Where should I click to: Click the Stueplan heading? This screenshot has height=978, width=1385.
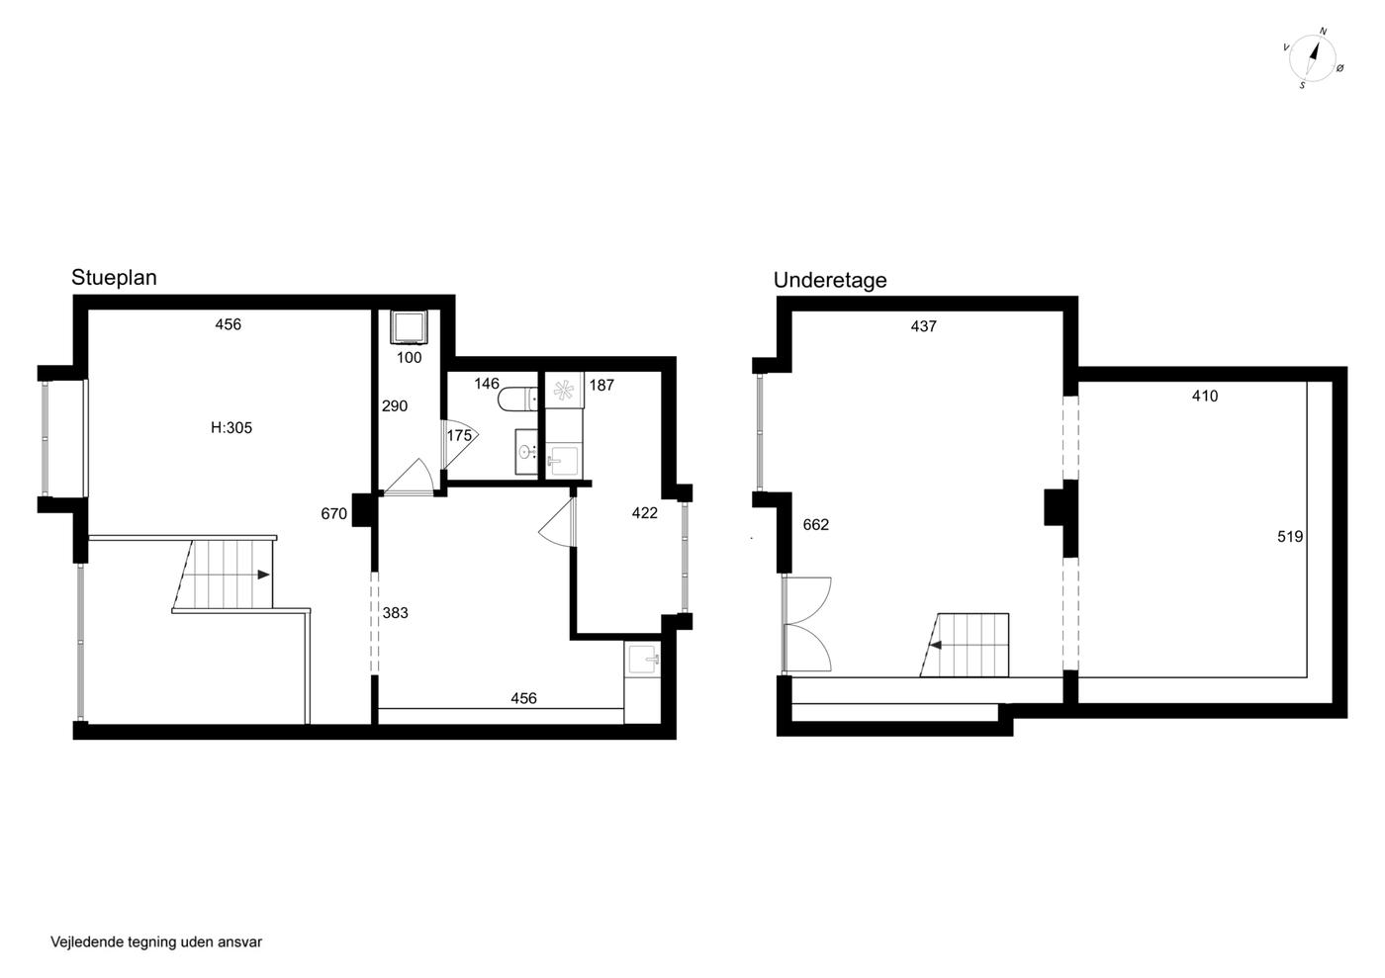click(x=114, y=278)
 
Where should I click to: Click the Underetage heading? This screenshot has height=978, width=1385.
click(x=830, y=280)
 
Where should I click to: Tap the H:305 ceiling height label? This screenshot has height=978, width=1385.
click(x=231, y=428)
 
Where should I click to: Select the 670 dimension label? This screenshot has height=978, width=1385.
click(x=334, y=514)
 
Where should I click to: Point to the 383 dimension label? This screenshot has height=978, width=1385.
click(x=395, y=613)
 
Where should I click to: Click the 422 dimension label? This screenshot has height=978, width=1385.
click(x=645, y=512)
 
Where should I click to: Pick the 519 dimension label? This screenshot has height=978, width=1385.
click(x=1290, y=537)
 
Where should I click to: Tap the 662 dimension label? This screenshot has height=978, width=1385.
click(x=815, y=525)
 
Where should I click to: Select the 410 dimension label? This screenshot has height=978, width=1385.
click(x=1205, y=396)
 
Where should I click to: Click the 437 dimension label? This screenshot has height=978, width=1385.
click(x=924, y=326)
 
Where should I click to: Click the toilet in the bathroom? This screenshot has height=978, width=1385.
click(x=518, y=400)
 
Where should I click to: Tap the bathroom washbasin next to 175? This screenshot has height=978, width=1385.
click(x=526, y=453)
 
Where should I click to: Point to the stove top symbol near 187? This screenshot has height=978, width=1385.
click(x=564, y=390)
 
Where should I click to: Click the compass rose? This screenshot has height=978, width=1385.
click(x=1313, y=58)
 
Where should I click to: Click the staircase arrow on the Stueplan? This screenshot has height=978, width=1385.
click(x=264, y=575)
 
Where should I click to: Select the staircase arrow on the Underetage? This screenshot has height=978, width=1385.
click(x=936, y=646)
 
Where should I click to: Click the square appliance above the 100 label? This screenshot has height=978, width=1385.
click(x=409, y=326)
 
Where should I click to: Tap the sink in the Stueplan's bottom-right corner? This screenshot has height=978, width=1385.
click(x=643, y=660)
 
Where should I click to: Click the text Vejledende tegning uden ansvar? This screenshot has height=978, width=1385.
click(x=156, y=942)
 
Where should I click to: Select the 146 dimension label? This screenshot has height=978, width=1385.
click(x=487, y=384)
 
